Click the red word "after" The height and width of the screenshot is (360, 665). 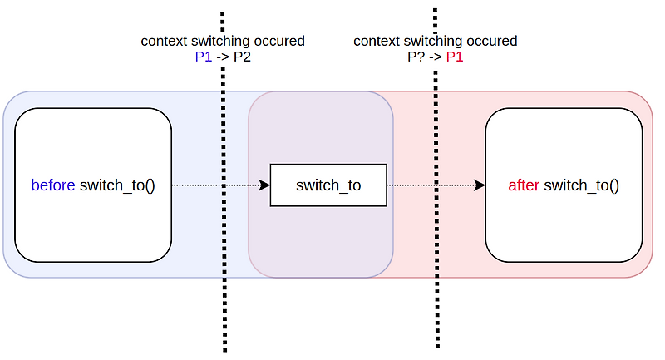pyautogui.click(x=524, y=185)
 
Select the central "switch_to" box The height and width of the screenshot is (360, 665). pyautogui.click(x=328, y=185)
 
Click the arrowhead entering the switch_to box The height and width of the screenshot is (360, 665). pyautogui.click(x=265, y=185)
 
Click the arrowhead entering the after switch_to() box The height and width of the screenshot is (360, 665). pyautogui.click(x=480, y=185)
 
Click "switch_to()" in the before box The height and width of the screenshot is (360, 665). pyautogui.click(x=117, y=185)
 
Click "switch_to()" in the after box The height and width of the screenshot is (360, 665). pyautogui.click(x=581, y=185)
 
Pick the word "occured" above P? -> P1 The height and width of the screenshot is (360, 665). pyautogui.click(x=493, y=41)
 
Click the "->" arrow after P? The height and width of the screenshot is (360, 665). pyautogui.click(x=433, y=57)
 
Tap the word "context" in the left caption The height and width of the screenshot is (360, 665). pyautogui.click(x=165, y=41)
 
